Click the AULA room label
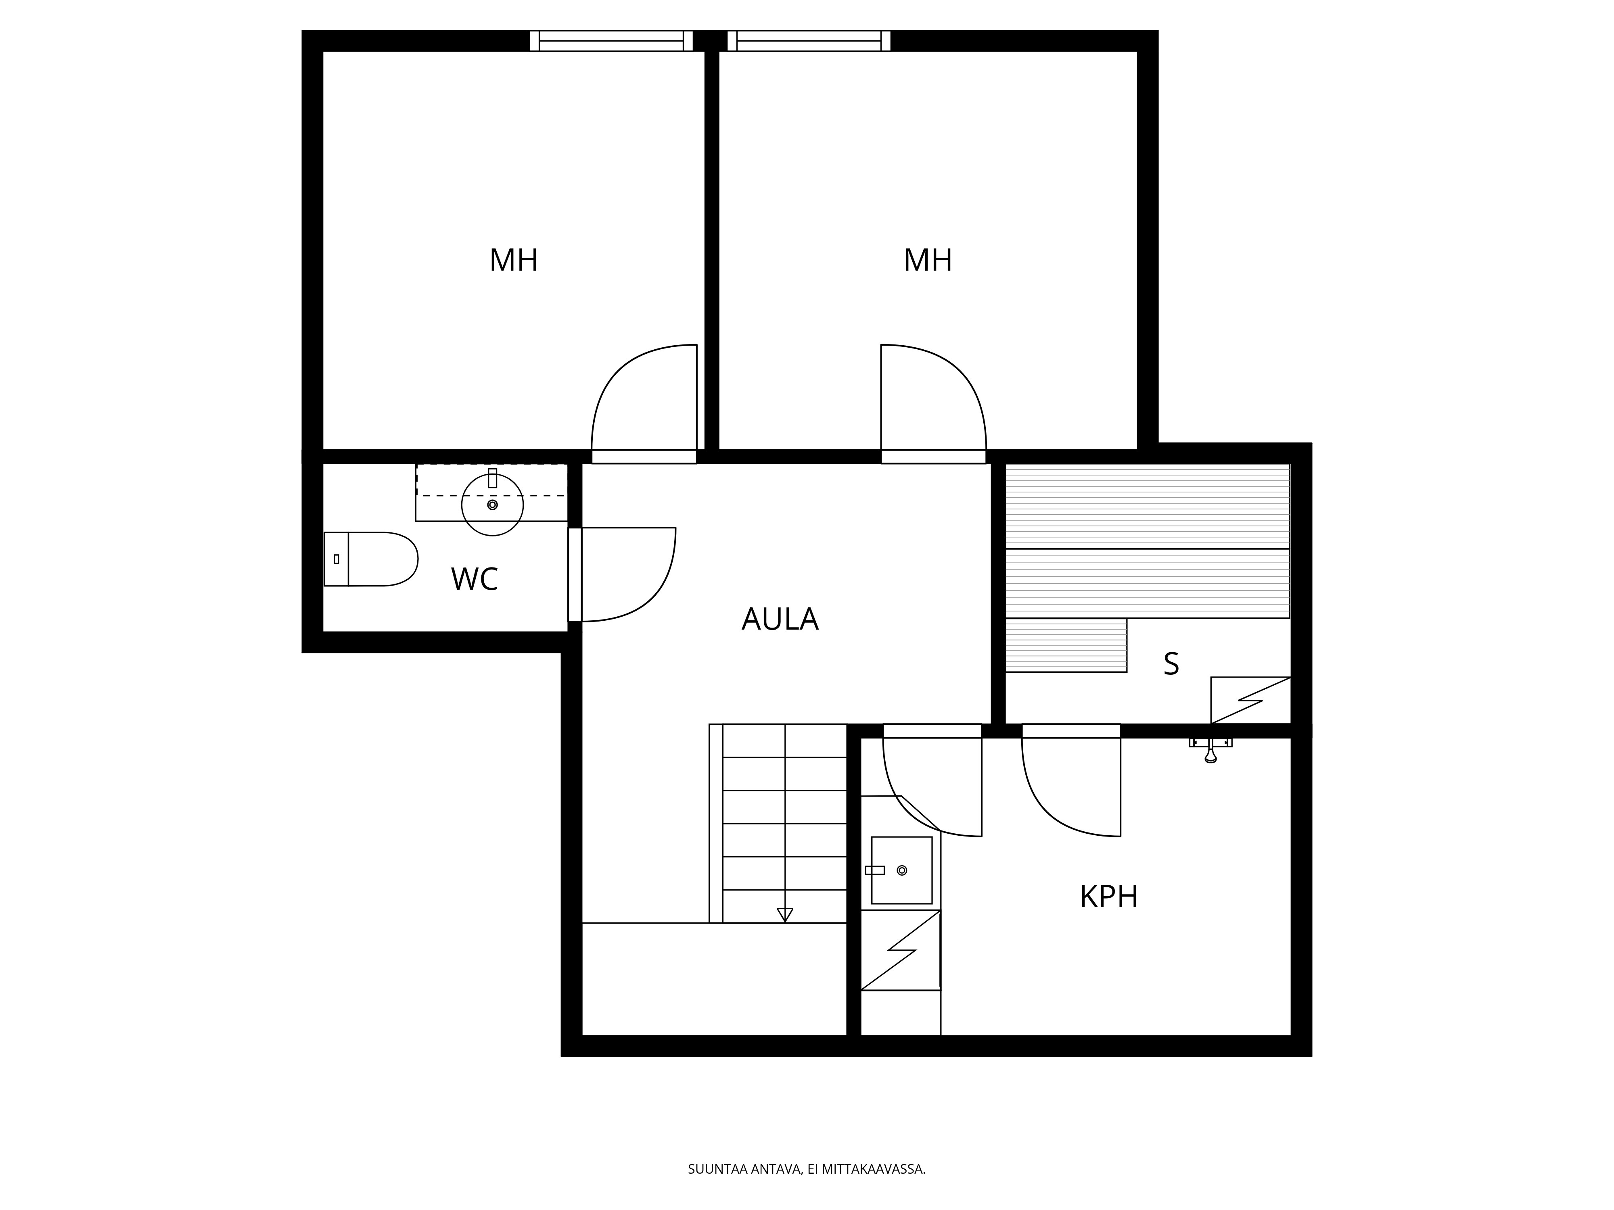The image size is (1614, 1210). click(x=780, y=619)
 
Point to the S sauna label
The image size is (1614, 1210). click(x=1171, y=664)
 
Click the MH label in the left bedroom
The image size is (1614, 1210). click(x=514, y=261)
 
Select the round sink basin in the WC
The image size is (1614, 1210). click(x=493, y=505)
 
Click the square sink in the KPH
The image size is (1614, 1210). click(x=902, y=870)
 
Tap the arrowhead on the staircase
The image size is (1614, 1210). click(x=785, y=915)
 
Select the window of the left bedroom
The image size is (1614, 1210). click(x=611, y=41)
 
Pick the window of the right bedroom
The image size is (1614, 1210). click(x=809, y=41)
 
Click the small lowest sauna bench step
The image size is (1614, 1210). click(x=1066, y=645)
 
